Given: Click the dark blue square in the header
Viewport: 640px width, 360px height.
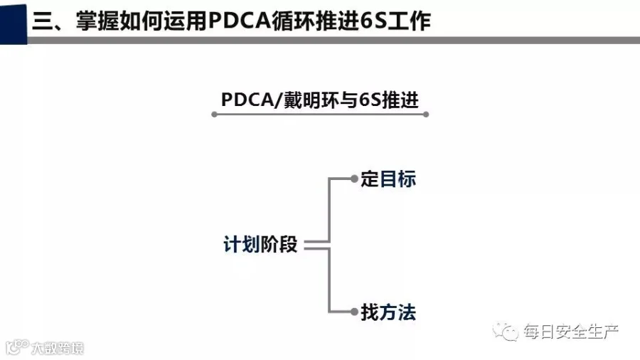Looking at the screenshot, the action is coord(14,23).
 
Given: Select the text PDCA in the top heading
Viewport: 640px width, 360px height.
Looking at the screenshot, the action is coord(240,21).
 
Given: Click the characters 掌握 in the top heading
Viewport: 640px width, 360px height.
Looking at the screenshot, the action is coord(97,21).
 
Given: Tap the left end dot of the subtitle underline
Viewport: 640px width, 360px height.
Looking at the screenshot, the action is coord(214,115).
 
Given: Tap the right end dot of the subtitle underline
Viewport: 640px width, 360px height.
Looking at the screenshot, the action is coord(426,115).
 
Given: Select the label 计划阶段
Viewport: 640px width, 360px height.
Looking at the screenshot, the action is coord(260,245).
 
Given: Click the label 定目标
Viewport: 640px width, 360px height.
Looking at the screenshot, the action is coord(388,179).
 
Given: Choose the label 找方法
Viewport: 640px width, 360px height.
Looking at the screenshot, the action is coord(388,312).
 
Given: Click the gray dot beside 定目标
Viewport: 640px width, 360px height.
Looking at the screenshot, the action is coord(354,179).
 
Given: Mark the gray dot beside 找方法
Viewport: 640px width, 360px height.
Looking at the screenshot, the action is coord(354,312).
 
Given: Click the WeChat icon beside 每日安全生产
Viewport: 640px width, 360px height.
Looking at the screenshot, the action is coord(506,331).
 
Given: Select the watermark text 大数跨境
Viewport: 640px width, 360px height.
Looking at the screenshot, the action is coord(58,348).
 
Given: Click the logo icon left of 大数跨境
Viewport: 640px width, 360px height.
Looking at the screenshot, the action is coord(17,347).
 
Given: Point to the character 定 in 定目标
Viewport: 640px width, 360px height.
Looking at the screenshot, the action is coord(369,179).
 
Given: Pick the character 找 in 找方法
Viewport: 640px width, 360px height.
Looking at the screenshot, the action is coord(370,312).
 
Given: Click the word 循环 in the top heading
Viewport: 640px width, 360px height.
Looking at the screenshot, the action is coord(294,21).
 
